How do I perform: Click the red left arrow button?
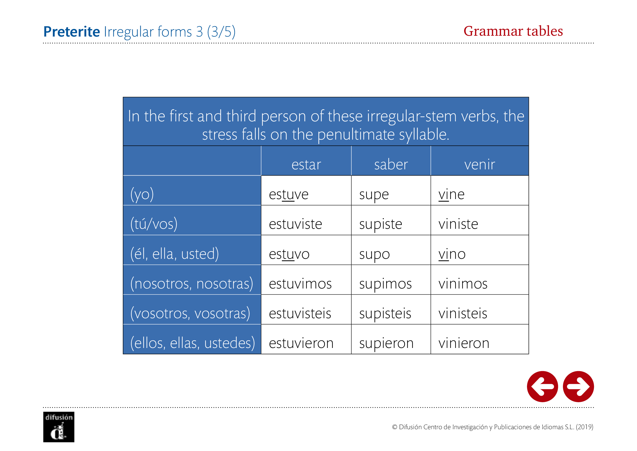point(542,386)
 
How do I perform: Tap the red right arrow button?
point(578,386)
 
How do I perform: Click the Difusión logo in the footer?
point(59,427)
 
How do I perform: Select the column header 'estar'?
point(306,164)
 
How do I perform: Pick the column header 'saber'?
point(391,164)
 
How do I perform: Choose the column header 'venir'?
point(480,164)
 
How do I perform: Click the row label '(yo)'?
point(142,194)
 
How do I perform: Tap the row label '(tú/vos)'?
point(154,224)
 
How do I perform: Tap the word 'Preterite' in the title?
point(72,31)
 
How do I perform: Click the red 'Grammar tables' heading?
point(513,31)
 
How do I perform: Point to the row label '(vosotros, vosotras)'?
point(190,314)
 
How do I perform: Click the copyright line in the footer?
point(492,427)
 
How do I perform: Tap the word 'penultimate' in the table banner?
point(356,135)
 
